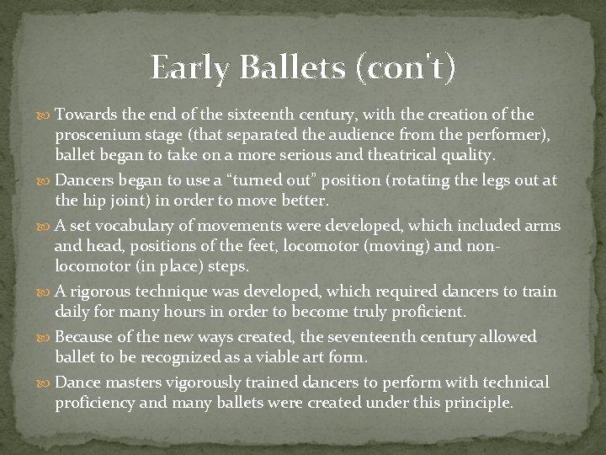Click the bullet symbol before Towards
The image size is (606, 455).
click(x=45, y=115)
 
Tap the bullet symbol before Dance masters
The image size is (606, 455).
click(x=45, y=383)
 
